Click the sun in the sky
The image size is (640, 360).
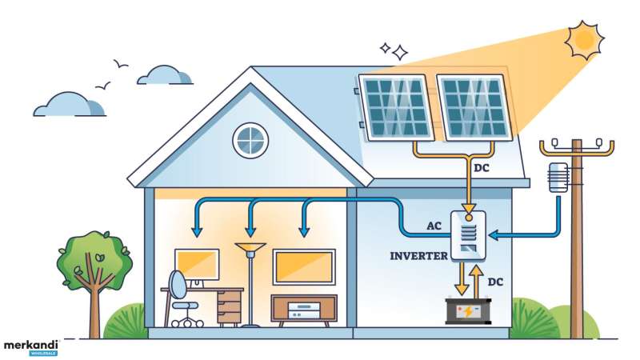point(584,40)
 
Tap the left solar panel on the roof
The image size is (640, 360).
point(396,107)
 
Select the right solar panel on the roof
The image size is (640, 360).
point(474,107)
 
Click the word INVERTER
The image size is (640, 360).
point(418,256)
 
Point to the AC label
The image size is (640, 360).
point(434,226)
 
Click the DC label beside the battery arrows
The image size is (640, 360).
point(495,282)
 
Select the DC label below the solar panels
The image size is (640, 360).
point(482,168)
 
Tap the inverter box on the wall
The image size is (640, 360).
point(468,235)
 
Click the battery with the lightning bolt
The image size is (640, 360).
point(468,311)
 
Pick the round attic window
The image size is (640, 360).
point(250,141)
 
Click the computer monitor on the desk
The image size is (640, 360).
point(197,265)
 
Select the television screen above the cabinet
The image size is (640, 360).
point(304,267)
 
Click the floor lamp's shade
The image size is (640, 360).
point(250,247)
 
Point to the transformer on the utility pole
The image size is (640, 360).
point(558,178)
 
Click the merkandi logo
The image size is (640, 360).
point(31,348)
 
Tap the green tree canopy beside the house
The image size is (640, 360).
point(94,259)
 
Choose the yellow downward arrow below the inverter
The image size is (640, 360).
point(462,278)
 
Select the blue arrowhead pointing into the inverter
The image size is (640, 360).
point(493,235)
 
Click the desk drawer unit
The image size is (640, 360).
point(229,307)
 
